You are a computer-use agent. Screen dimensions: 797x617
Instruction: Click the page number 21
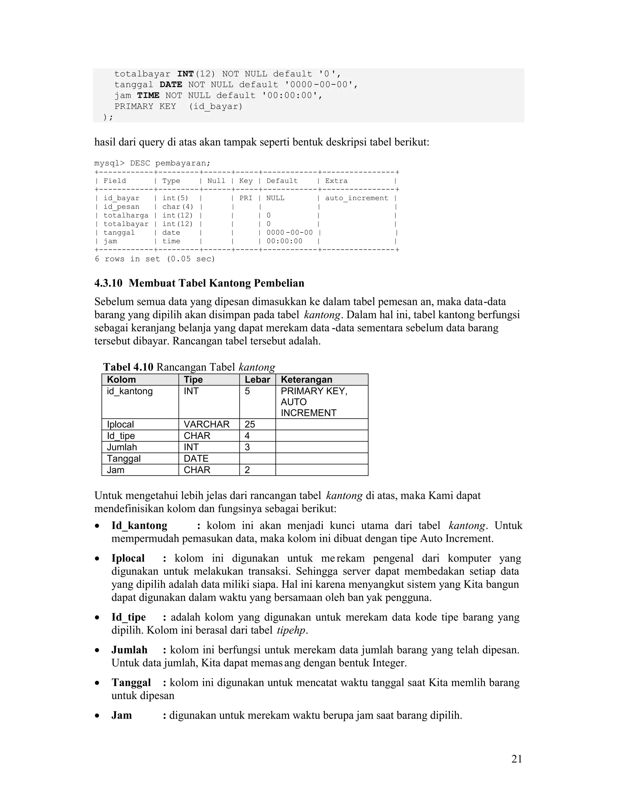[516, 759]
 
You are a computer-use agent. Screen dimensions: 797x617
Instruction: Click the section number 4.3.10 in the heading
[108, 283]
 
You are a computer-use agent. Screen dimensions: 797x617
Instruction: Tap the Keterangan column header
[306, 380]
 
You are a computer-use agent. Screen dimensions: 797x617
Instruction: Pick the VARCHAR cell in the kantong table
[206, 424]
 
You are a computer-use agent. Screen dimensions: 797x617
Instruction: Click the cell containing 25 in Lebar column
[250, 424]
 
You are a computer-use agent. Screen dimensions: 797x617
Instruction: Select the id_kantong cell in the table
[130, 391]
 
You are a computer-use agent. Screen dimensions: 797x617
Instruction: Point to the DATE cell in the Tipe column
[196, 458]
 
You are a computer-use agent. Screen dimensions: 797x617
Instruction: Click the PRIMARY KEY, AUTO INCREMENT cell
[314, 402]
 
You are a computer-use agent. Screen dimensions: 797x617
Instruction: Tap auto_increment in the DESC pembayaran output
[356, 198]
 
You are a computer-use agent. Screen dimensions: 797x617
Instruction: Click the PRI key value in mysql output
[246, 198]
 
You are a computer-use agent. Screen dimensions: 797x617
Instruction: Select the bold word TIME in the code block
[148, 96]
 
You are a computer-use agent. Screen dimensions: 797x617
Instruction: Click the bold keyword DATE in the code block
[171, 85]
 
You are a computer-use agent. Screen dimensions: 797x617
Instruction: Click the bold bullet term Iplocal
[128, 558]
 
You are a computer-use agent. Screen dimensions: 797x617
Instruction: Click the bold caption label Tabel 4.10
[128, 367]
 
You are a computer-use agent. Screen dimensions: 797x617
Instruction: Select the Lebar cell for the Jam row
[248, 470]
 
